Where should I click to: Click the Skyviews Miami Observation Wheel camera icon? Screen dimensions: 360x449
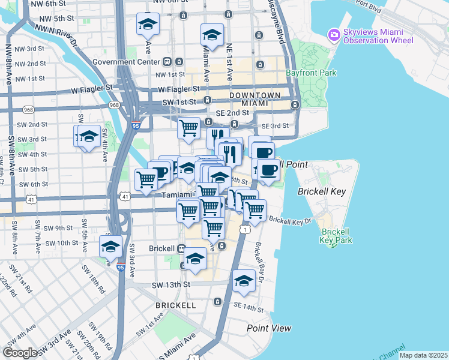(334, 35)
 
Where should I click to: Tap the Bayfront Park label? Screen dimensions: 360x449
(312, 73)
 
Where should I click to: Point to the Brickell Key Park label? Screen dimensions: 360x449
(336, 236)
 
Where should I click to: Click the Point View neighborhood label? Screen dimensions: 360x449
(269, 328)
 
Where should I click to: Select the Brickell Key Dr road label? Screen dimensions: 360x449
(290, 221)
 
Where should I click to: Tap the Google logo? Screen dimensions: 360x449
(20, 353)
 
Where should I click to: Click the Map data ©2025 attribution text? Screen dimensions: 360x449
(423, 355)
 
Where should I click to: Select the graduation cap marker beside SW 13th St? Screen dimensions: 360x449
(244, 281)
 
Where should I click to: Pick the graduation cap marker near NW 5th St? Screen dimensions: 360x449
(147, 25)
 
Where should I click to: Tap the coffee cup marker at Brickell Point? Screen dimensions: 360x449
(268, 170)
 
